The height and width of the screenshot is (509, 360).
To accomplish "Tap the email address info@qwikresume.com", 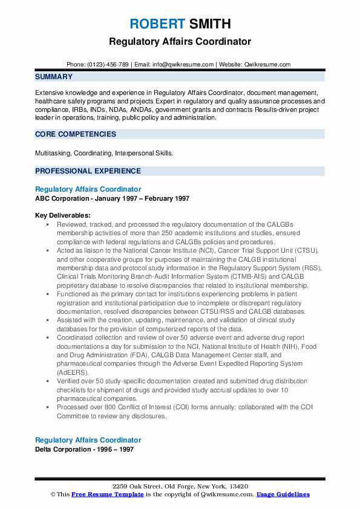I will point(183,64).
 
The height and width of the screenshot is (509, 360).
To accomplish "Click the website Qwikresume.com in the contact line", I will point(267,64).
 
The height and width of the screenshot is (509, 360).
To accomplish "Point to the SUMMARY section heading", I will point(54,77).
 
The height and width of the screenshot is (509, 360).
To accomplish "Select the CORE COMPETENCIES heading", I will point(76,134).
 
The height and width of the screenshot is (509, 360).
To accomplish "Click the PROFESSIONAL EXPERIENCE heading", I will point(88,171).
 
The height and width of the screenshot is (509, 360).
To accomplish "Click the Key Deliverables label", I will point(63,215).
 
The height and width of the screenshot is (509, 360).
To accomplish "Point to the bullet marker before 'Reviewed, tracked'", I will point(47,224).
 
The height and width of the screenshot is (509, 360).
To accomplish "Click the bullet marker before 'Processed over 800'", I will point(47,407).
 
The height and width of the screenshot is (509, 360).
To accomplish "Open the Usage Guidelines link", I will point(283,494).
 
